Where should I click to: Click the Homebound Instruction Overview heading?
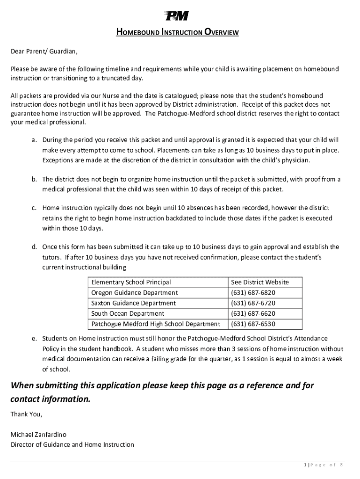[x=177, y=33]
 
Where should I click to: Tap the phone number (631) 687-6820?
[x=253, y=293]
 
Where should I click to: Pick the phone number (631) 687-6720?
[x=253, y=303]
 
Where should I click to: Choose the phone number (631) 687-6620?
[x=253, y=313]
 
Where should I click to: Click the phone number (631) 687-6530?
[x=253, y=324]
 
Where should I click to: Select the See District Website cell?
[x=260, y=283]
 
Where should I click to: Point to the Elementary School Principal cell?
[x=131, y=283]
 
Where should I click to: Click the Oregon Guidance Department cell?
[x=135, y=293]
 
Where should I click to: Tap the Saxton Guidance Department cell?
[x=134, y=303]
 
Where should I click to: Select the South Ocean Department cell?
[x=128, y=313]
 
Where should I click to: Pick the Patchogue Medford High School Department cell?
[x=156, y=324]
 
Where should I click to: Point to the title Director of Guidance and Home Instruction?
[x=72, y=445]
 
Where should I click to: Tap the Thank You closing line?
[x=26, y=414]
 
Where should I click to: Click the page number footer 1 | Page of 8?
[x=324, y=464]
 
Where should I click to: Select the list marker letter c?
[x=34, y=208]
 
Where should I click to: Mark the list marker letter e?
[x=34, y=339]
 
